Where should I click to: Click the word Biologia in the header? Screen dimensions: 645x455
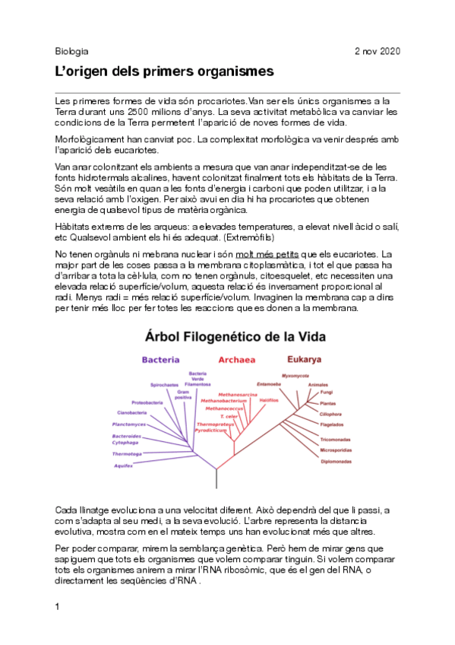pyautogui.click(x=72, y=51)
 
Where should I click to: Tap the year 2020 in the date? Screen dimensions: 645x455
pyautogui.click(x=388, y=51)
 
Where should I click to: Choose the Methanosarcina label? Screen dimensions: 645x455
pyautogui.click(x=238, y=395)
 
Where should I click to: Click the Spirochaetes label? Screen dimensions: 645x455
pyautogui.click(x=165, y=386)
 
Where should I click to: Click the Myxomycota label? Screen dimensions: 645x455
pyautogui.click(x=295, y=376)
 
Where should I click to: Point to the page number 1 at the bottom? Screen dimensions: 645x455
pyautogui.click(x=58, y=607)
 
